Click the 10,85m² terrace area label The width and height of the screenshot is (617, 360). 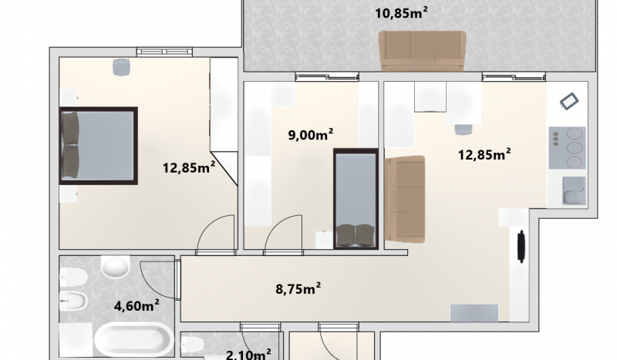[x=401, y=13]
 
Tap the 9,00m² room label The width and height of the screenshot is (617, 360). [x=311, y=135]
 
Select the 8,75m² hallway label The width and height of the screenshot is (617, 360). [x=298, y=288]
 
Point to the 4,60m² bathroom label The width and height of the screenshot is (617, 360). [x=137, y=305]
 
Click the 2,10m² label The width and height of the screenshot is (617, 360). [x=248, y=354]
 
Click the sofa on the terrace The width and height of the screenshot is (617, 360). [x=422, y=51]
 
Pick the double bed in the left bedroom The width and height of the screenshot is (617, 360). [x=99, y=146]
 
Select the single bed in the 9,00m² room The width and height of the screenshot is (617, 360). [x=356, y=199]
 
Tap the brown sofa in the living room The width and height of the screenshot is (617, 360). [x=405, y=199]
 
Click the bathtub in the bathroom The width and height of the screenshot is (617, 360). [x=133, y=340]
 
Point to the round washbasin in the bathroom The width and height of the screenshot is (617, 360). [x=115, y=267]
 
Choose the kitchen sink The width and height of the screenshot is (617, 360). [x=574, y=191]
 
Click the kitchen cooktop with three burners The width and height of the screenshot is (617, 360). [x=567, y=147]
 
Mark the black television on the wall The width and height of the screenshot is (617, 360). [x=522, y=247]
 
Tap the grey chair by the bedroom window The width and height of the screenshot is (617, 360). [x=121, y=67]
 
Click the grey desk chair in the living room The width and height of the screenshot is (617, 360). [x=464, y=130]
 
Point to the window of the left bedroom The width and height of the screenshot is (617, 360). [x=164, y=52]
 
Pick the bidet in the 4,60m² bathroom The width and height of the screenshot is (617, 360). [x=73, y=301]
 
